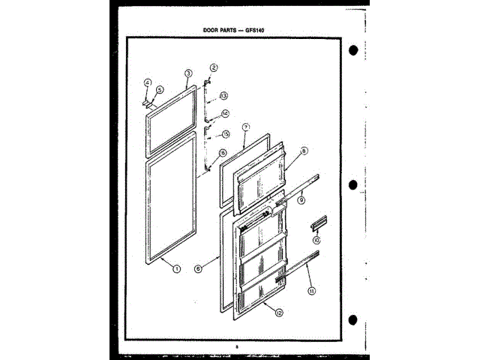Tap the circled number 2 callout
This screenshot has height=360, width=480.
(x=214, y=67)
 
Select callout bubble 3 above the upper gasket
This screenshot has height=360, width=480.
(x=188, y=73)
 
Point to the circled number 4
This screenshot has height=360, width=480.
(x=148, y=82)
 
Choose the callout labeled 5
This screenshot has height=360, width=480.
(x=158, y=88)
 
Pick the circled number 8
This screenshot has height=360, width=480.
(x=304, y=152)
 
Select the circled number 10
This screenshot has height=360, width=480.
(x=316, y=241)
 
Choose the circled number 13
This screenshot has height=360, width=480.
(x=223, y=96)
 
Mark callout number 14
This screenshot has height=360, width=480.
(x=223, y=115)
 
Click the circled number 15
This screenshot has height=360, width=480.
(x=224, y=134)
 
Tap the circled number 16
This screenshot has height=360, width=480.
(x=223, y=154)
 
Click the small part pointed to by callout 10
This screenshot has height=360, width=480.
(x=316, y=223)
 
